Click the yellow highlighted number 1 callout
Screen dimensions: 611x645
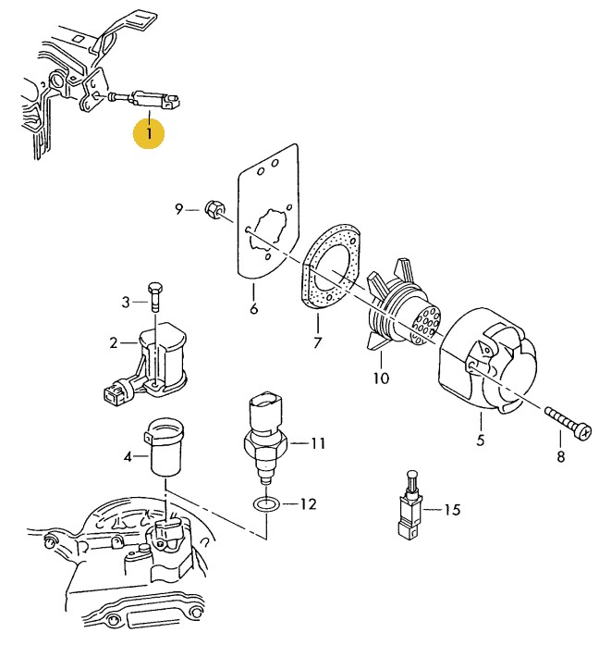(149, 133)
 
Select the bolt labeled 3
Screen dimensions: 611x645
(155, 296)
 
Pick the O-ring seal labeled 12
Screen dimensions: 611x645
(266, 503)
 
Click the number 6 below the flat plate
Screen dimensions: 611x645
(254, 308)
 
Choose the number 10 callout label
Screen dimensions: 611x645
(381, 378)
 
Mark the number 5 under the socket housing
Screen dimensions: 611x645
(481, 440)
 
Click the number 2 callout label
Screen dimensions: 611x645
(114, 342)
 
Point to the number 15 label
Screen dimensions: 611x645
(452, 510)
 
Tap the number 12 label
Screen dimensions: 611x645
(308, 504)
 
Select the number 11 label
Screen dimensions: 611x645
(318, 443)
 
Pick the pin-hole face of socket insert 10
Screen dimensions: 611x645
(426, 324)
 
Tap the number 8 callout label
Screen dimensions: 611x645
(560, 456)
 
